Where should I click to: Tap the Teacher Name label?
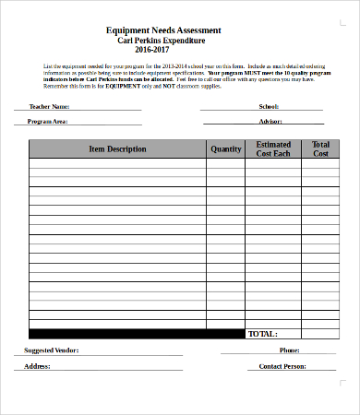click(x=37, y=107)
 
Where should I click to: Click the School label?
click(x=270, y=107)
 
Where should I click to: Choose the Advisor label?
click(x=270, y=122)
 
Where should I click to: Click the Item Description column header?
click(x=117, y=149)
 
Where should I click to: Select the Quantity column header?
click(x=225, y=149)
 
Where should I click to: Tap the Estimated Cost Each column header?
click(x=273, y=149)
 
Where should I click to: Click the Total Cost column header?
click(x=320, y=149)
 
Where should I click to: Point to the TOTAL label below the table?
click(x=263, y=334)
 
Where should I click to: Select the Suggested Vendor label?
click(x=51, y=350)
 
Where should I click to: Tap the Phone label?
click(x=289, y=350)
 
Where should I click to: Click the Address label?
click(x=37, y=366)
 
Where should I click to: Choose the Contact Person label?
click(x=282, y=366)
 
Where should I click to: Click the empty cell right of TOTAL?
click(x=320, y=334)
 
